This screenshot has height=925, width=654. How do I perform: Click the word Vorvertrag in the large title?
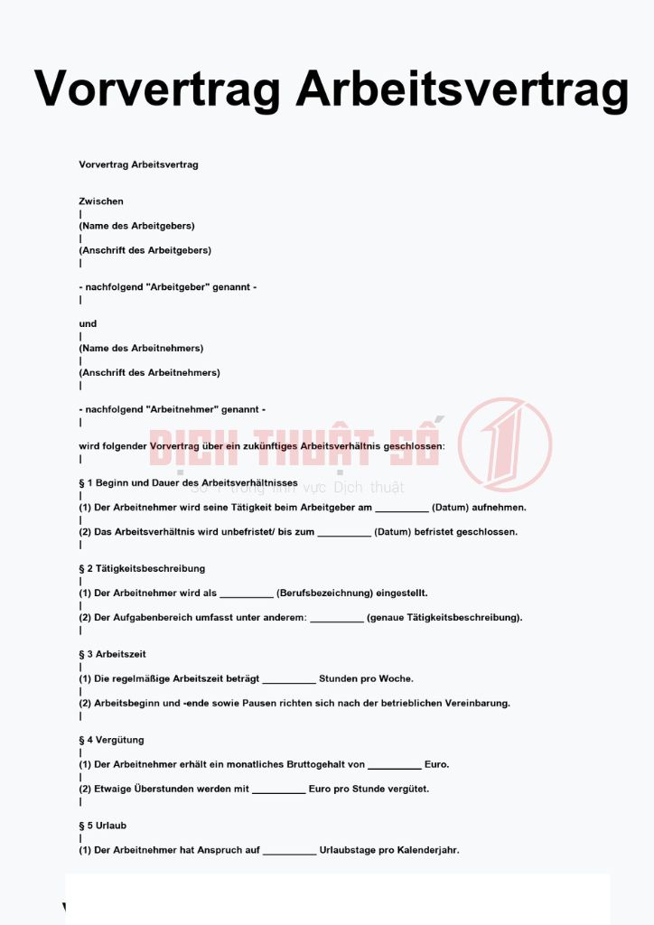point(159,89)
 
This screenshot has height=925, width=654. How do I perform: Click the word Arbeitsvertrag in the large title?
point(462,89)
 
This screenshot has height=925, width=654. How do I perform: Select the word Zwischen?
point(101,201)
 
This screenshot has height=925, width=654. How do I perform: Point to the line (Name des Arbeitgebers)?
point(136,226)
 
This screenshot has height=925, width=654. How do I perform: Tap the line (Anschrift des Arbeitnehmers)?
point(149,372)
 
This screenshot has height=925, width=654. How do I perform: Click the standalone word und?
point(88,323)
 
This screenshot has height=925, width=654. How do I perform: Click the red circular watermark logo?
point(504,444)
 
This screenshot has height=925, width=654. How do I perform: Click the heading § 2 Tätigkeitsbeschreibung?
point(142,568)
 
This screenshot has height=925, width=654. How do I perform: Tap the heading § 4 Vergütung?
point(111,740)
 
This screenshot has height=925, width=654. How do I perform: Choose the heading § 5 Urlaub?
point(104,826)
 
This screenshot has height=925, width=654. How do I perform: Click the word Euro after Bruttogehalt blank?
point(436,764)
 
